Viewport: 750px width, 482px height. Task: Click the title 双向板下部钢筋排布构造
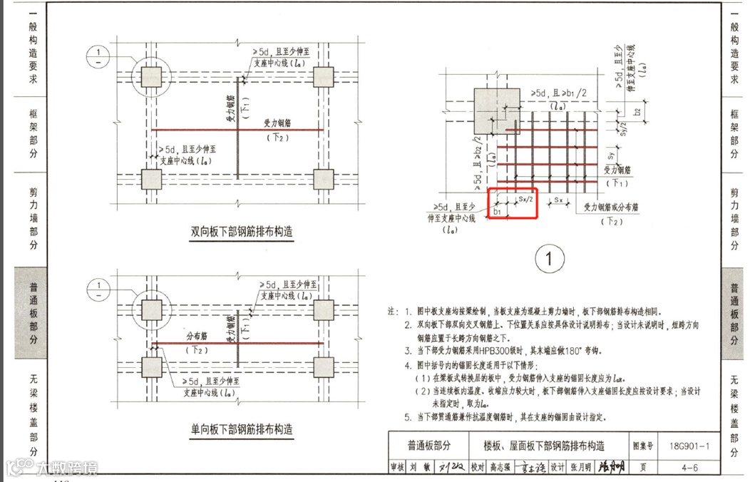tap(242, 232)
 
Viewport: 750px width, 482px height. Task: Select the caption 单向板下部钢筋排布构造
tap(242, 430)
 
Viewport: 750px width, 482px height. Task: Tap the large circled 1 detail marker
tap(549, 260)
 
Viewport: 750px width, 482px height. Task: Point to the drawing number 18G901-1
tap(689, 446)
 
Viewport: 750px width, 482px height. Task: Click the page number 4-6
tap(689, 468)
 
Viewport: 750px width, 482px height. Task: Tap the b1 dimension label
tap(497, 212)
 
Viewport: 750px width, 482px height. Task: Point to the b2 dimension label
tap(637, 112)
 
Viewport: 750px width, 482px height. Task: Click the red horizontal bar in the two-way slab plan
tap(239, 130)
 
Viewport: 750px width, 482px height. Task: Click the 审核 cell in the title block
tap(397, 468)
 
